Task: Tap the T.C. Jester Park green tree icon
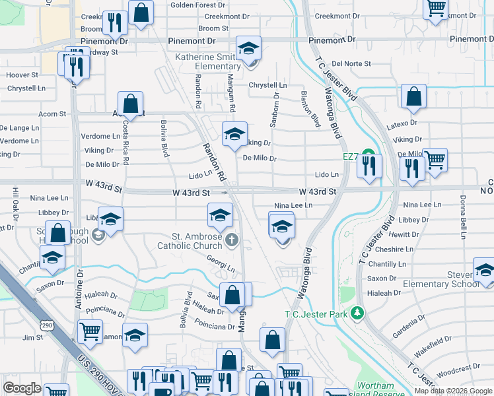pyautogui.click(x=358, y=312)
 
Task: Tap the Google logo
pyautogui.click(x=22, y=388)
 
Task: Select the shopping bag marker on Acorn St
pyautogui.click(x=131, y=104)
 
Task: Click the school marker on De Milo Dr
pyautogui.click(x=234, y=135)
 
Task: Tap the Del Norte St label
pyautogui.click(x=349, y=64)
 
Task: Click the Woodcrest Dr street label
pyautogui.click(x=458, y=370)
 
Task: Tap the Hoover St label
pyautogui.click(x=22, y=75)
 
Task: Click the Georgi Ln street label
pyautogui.click(x=221, y=263)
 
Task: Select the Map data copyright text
pyautogui.click(x=453, y=391)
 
